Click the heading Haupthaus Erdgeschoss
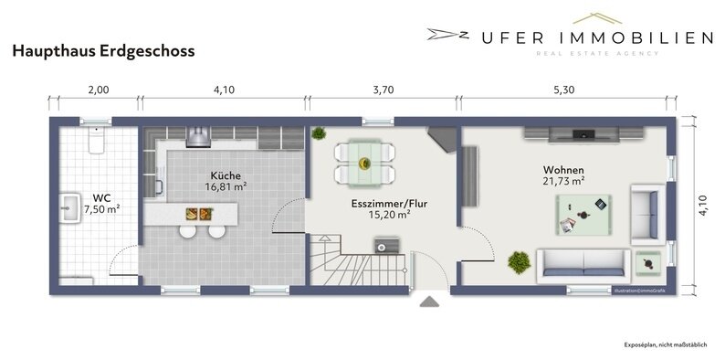coord(102,53)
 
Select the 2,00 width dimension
coord(98,90)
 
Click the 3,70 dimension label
coord(383,90)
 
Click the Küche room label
coord(226,174)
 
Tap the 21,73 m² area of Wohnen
coord(562,181)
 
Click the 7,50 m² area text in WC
coord(101,208)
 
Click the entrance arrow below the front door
coord(429,302)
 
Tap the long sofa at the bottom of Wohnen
coord(582,263)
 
